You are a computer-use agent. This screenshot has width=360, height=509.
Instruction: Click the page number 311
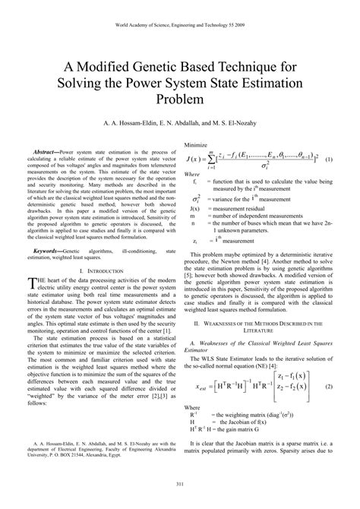coord(180,485)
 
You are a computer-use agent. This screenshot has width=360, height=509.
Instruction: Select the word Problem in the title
coord(180,99)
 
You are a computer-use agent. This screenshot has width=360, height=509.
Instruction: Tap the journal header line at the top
coord(180,24)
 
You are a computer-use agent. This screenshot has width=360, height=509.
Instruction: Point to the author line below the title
coord(180,121)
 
